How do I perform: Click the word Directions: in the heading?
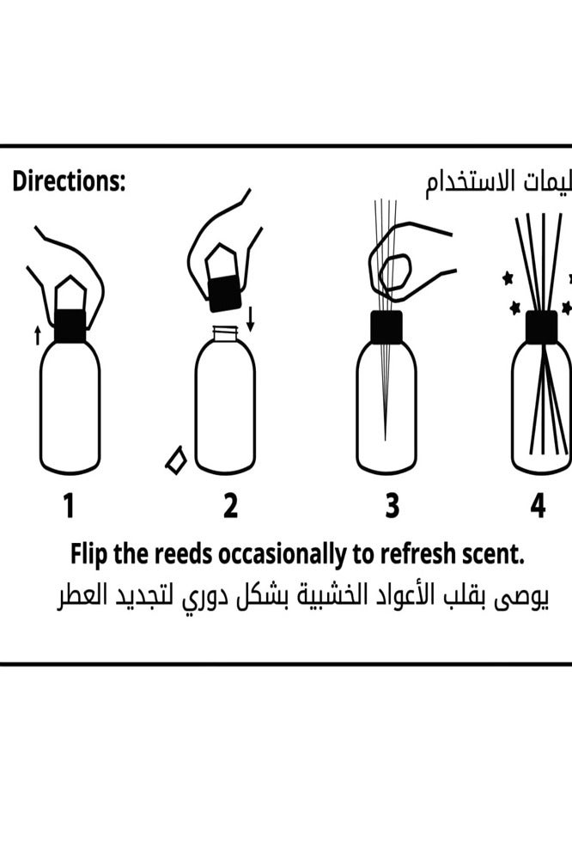point(69,182)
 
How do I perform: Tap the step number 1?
point(69,507)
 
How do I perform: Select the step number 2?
point(230,507)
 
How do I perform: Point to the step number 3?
point(392,507)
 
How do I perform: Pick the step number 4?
point(538,507)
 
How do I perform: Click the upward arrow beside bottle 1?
point(37,335)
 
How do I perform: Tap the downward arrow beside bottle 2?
point(251,320)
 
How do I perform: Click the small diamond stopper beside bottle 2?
point(176,460)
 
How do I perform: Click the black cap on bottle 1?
point(70,326)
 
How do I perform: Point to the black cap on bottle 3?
point(386,326)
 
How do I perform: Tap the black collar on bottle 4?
point(541,326)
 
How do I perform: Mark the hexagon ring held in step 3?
point(395,273)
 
